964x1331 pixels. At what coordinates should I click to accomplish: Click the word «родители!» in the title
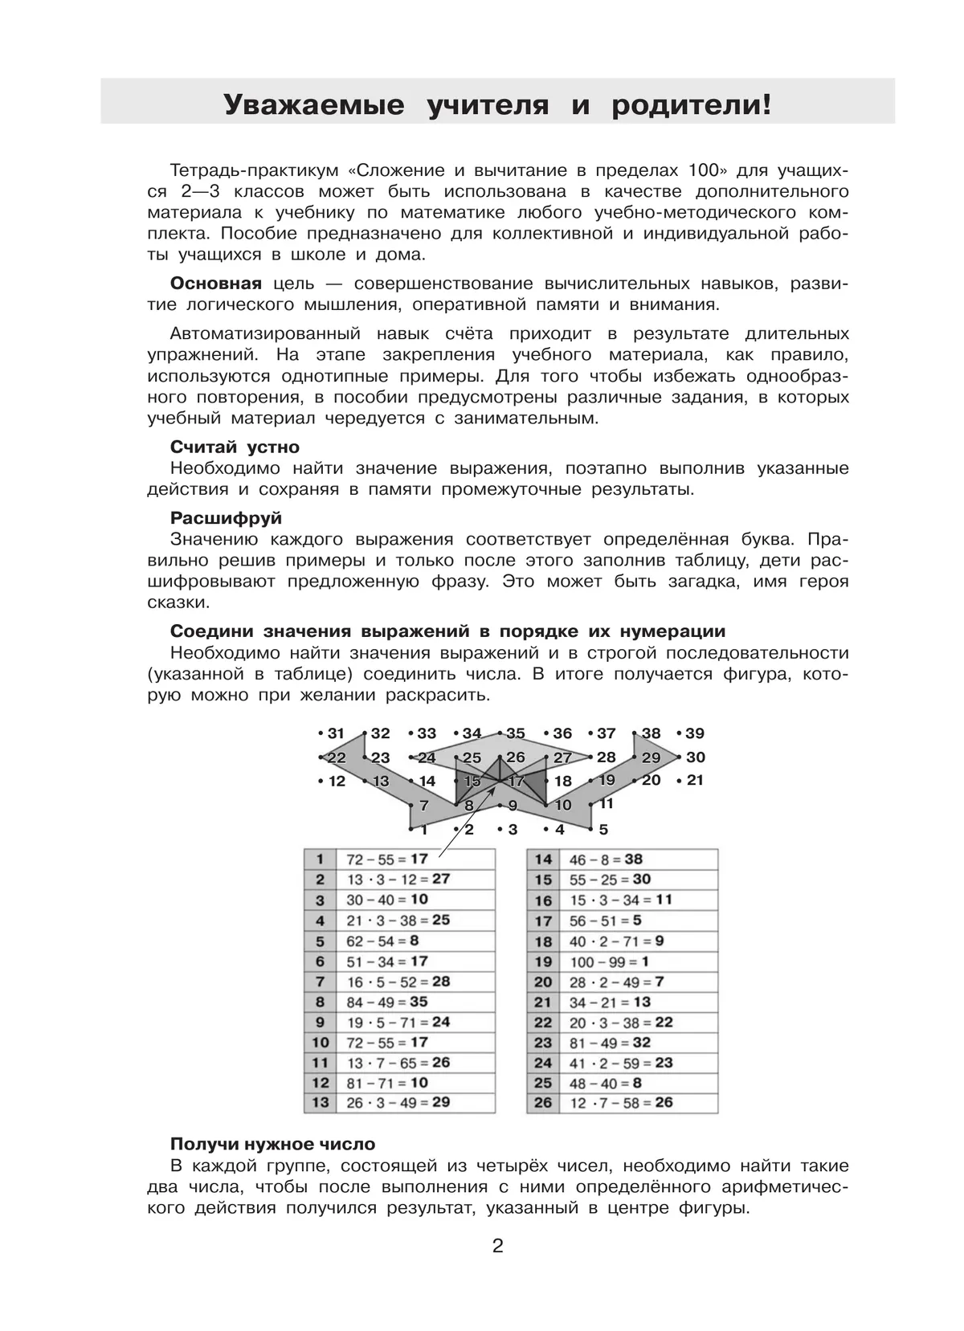(691, 104)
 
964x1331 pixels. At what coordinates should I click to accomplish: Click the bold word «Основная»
(215, 284)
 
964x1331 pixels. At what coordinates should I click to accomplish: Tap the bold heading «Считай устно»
(235, 447)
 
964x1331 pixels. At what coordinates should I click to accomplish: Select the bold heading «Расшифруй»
(226, 518)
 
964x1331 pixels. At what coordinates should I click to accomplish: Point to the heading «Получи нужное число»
(272, 1144)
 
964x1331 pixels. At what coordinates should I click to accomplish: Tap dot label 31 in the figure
(335, 733)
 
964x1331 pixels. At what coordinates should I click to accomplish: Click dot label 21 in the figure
(695, 780)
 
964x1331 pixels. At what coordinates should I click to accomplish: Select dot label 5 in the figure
(603, 829)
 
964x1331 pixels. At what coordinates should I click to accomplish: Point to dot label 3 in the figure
(513, 829)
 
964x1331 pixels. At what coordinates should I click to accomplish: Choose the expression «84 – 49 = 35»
(386, 1002)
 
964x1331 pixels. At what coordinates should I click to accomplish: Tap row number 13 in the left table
(320, 1102)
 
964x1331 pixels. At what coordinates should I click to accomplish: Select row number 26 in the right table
(543, 1102)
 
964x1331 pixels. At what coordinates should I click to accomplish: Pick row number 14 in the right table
(543, 859)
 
